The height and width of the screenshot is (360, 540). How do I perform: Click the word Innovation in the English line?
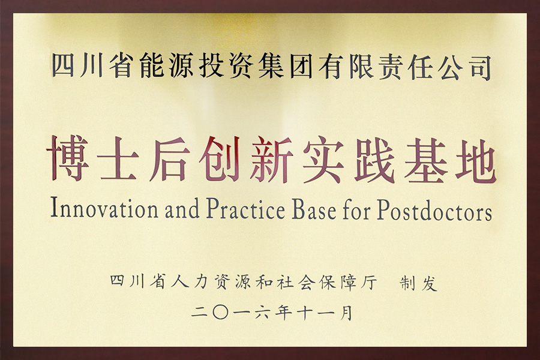104,208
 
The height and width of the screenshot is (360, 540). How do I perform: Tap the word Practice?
246,208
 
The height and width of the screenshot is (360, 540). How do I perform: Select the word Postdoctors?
434,210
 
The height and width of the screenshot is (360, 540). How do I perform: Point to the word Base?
314,209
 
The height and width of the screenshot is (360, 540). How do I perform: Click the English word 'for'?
357,209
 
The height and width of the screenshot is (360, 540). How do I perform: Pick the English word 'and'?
182,209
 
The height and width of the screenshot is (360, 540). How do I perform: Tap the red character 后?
170,159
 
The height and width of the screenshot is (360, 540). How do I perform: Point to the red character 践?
374,160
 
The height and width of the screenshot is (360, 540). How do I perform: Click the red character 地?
476,161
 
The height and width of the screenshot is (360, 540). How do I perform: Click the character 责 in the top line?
390,67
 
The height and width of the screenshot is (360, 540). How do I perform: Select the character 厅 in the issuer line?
369,283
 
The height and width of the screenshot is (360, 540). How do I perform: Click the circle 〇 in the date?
221,313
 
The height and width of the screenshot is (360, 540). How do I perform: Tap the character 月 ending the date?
346,313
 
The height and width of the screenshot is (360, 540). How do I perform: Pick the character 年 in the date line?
283,313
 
